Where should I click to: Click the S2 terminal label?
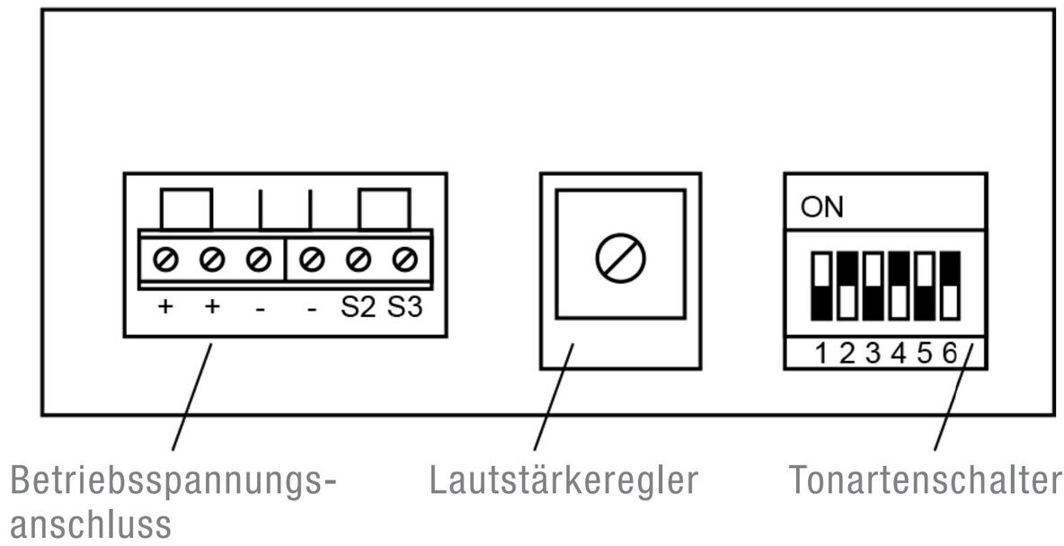[x=358, y=307]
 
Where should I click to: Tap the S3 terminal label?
[x=405, y=307]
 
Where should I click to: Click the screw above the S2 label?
[x=359, y=260]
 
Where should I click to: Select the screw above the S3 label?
[x=405, y=260]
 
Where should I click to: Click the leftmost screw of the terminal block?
[x=164, y=260]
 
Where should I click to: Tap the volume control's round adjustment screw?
[x=620, y=258]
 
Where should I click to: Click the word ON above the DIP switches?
[x=822, y=207]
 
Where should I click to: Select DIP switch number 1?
[x=821, y=286]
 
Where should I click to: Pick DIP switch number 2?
[x=847, y=286]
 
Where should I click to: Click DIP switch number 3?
[x=873, y=286]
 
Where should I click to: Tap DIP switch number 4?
[x=900, y=286]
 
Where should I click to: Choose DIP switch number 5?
[x=925, y=286]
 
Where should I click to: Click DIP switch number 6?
[x=951, y=286]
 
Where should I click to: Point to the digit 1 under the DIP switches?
[x=821, y=354]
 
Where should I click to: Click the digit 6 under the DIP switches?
[x=950, y=354]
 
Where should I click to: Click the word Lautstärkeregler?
[x=563, y=480]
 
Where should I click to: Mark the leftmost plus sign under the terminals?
[x=164, y=306]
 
